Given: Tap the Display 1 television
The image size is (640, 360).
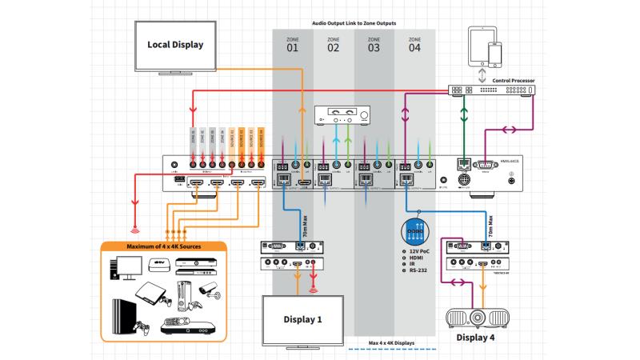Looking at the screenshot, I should (x=303, y=318).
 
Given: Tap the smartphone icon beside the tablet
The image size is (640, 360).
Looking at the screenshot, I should (x=496, y=54).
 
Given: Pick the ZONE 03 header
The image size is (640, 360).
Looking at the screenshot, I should (x=374, y=44).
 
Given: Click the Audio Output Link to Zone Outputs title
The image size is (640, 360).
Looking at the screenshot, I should (x=354, y=23).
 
